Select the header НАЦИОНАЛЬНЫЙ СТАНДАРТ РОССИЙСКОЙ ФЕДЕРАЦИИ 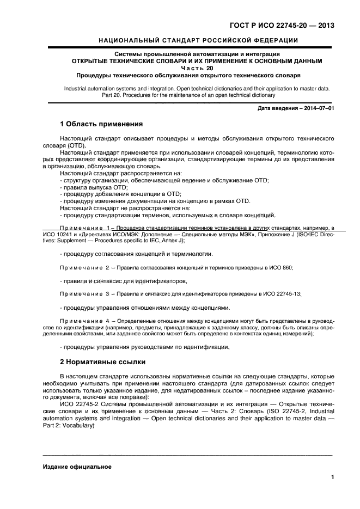(x=198, y=40)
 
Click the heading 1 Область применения (x=101, y=124)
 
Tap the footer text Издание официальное (x=77, y=467)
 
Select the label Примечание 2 (x=84, y=268)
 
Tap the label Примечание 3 (x=84, y=293)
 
